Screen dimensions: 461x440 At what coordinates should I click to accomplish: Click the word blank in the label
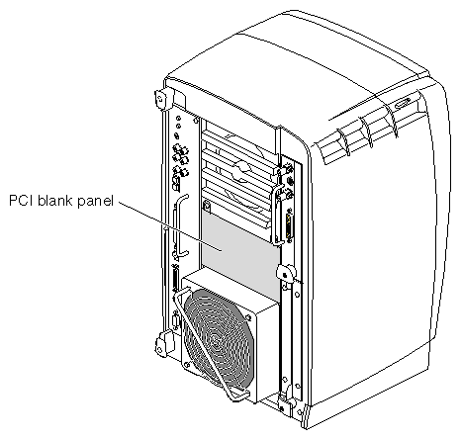(x=55, y=200)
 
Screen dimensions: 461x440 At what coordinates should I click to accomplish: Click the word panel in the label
(x=95, y=202)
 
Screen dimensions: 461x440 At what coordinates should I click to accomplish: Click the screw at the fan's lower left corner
(x=187, y=365)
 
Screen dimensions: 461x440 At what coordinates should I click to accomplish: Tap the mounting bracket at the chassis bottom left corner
(x=161, y=344)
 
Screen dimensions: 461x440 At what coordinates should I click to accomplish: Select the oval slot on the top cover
(x=403, y=103)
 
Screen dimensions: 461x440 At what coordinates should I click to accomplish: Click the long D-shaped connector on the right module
(x=290, y=226)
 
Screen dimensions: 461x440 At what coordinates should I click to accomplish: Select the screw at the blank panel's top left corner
(x=207, y=207)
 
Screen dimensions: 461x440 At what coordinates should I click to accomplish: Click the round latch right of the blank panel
(x=285, y=273)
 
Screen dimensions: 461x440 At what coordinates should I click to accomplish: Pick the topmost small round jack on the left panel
(x=178, y=118)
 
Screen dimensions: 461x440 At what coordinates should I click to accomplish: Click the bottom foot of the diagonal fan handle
(x=239, y=395)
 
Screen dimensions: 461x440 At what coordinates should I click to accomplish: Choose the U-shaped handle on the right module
(x=276, y=216)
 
